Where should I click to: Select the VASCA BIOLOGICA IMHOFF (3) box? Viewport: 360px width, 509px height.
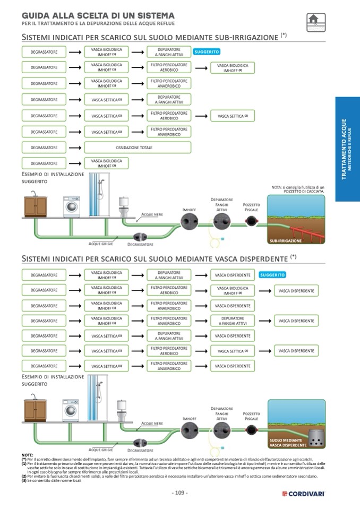tap(106, 163)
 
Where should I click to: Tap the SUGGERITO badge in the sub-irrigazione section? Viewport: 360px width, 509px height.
tap(207, 52)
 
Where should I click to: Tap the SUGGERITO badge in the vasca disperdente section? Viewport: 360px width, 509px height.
tap(272, 275)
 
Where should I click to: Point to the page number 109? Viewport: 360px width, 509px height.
tap(180, 493)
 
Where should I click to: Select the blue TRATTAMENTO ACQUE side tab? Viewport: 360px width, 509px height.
tap(347, 149)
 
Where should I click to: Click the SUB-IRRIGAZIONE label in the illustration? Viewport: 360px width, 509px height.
tap(286, 240)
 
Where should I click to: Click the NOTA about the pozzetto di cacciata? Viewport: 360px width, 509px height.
tap(297, 189)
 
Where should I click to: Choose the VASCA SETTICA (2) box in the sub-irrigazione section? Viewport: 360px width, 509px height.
tap(233, 116)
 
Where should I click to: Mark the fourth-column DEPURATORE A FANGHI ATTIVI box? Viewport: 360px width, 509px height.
tap(233, 321)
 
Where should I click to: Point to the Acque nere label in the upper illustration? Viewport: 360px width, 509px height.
tap(152, 214)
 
